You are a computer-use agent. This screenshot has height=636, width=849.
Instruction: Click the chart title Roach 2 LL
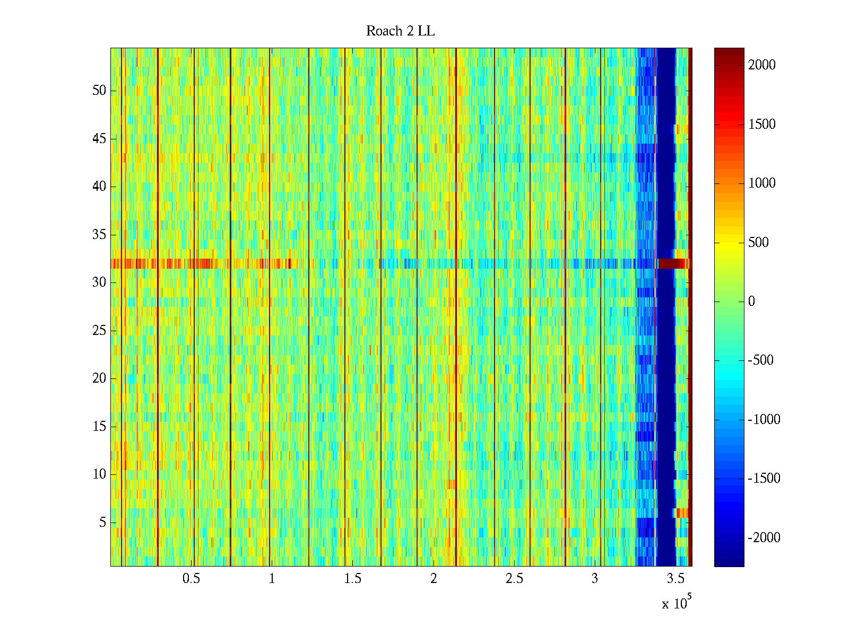400,31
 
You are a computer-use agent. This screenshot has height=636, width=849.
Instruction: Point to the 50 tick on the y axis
99,91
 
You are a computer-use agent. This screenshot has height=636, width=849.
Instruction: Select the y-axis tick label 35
99,235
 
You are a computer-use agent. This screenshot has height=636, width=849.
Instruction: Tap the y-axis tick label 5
102,523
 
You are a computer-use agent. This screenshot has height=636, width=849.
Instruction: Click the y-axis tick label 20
99,378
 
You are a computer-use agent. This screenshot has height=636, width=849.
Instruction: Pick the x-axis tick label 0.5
191,579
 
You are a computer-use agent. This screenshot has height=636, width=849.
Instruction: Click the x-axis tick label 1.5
352,579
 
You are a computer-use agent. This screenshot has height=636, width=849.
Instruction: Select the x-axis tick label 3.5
675,579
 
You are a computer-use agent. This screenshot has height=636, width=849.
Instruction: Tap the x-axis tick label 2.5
514,579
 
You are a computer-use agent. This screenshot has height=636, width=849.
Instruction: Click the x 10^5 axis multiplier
675,603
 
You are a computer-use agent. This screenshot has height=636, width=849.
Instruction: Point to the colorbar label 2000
761,65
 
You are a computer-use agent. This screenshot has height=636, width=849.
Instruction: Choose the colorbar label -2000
764,538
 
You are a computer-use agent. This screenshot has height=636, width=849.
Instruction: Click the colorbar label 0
751,302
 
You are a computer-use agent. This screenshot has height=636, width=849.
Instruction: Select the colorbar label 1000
761,183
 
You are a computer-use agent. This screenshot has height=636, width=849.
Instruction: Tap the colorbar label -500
760,360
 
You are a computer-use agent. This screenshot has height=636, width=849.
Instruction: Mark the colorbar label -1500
764,479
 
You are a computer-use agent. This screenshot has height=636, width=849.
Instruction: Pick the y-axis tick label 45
99,139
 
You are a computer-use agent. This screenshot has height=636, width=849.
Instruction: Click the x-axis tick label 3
594,579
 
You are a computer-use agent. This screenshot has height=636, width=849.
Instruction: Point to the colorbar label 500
758,243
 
